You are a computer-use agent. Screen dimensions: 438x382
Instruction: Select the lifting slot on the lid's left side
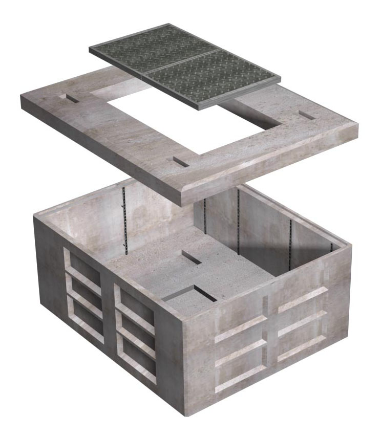[x=73, y=99]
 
